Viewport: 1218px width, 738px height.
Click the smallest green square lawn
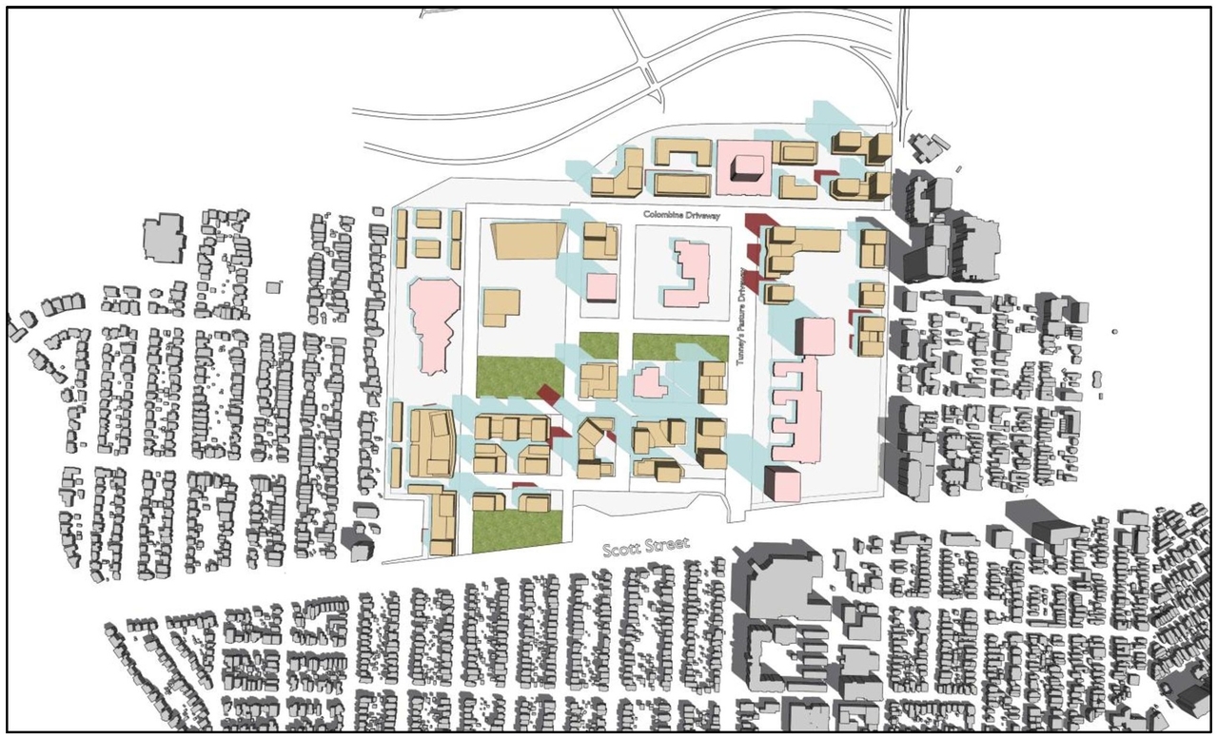coord(599,344)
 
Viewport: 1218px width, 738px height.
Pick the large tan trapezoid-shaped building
coord(526,240)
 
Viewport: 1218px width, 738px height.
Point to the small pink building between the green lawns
coord(651,383)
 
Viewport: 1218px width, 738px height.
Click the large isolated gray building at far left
coord(164,237)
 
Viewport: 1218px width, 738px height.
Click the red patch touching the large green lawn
coord(548,394)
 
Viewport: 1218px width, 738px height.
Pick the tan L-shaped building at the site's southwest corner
coord(440,517)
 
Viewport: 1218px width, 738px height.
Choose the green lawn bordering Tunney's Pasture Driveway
coord(679,347)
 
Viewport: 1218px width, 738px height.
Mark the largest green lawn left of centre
coord(519,383)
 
